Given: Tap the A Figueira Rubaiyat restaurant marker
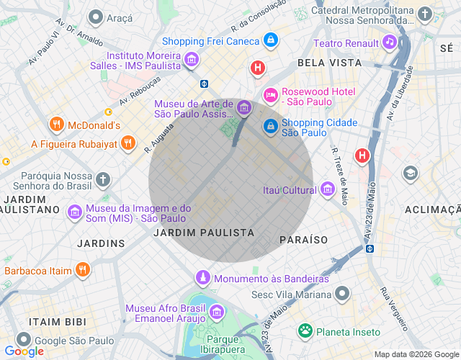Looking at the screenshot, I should (127, 143).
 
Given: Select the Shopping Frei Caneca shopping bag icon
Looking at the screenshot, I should (270, 41).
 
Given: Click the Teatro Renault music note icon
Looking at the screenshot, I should (389, 42).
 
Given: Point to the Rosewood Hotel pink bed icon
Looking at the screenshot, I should (270, 94).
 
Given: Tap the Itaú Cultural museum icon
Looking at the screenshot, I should (328, 190).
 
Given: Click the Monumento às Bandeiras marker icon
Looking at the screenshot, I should (203, 278).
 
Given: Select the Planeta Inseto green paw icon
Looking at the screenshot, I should (305, 331).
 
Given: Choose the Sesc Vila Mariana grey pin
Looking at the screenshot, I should (343, 294).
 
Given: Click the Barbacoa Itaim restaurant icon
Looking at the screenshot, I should (83, 271).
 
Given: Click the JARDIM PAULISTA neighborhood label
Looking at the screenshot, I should (204, 233).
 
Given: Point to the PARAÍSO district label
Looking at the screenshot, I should (303, 239).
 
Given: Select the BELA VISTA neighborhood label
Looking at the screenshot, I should (328, 63).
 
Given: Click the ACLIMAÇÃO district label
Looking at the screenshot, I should (432, 209).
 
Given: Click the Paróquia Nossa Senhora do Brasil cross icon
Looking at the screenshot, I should (104, 179).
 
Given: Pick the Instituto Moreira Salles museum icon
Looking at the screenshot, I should (191, 60).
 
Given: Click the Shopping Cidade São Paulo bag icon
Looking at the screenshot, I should (270, 127).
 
